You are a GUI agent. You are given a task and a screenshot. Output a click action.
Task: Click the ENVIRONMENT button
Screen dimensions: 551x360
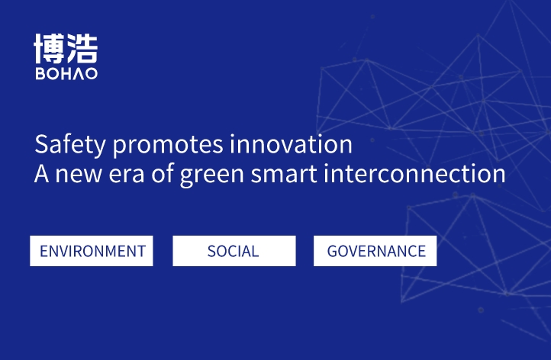point(92,251)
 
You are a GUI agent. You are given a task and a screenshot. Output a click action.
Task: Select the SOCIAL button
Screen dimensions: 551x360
point(234,251)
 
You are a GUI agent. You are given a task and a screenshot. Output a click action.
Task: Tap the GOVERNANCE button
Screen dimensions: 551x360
point(375,251)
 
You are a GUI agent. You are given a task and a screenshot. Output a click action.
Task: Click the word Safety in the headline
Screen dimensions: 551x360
point(70,145)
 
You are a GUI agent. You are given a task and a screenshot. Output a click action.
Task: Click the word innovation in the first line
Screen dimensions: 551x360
point(291,144)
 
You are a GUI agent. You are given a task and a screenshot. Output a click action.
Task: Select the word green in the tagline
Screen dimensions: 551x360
point(212,175)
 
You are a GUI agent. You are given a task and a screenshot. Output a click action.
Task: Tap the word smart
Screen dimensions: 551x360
point(284,173)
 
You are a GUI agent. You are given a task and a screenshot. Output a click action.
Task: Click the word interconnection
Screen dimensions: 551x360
point(414,173)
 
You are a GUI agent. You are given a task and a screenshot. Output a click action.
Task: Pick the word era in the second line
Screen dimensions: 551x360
point(127,174)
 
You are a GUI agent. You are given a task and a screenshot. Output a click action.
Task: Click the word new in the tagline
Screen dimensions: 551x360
point(79,174)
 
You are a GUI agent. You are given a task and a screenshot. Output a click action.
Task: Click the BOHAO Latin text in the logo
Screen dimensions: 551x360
point(66,74)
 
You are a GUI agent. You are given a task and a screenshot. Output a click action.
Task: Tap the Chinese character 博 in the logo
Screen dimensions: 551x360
point(50,49)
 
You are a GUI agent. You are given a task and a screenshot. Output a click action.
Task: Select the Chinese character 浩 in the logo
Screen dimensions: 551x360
point(82,49)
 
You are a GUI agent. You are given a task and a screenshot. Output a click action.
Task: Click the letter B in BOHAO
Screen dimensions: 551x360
point(40,74)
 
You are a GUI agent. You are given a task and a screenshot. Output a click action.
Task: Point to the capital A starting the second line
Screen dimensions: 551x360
point(42,173)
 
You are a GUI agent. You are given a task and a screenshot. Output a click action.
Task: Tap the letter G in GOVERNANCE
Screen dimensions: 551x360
point(332,251)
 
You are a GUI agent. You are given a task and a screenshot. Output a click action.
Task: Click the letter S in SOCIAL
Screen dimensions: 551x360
point(211,251)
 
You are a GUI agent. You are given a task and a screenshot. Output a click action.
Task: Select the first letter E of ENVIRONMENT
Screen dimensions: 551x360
point(43,251)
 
